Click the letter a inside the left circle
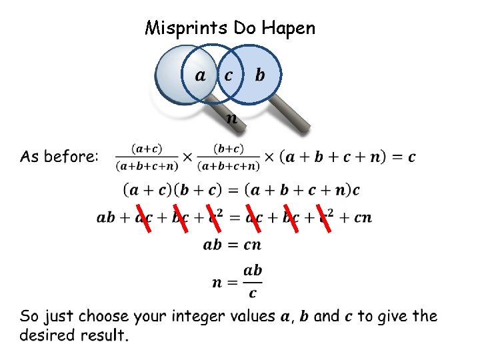pos(200,75)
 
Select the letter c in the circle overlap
pos(229,75)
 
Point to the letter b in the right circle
pos(259,75)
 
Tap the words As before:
pos(59,157)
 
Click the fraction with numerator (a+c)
pos(147,157)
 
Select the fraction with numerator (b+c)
pos(229,157)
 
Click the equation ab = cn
pos(232,245)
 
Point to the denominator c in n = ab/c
pos(252,293)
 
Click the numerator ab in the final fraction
pos(252,271)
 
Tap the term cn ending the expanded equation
pos(363,217)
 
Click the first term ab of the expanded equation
pos(106,217)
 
